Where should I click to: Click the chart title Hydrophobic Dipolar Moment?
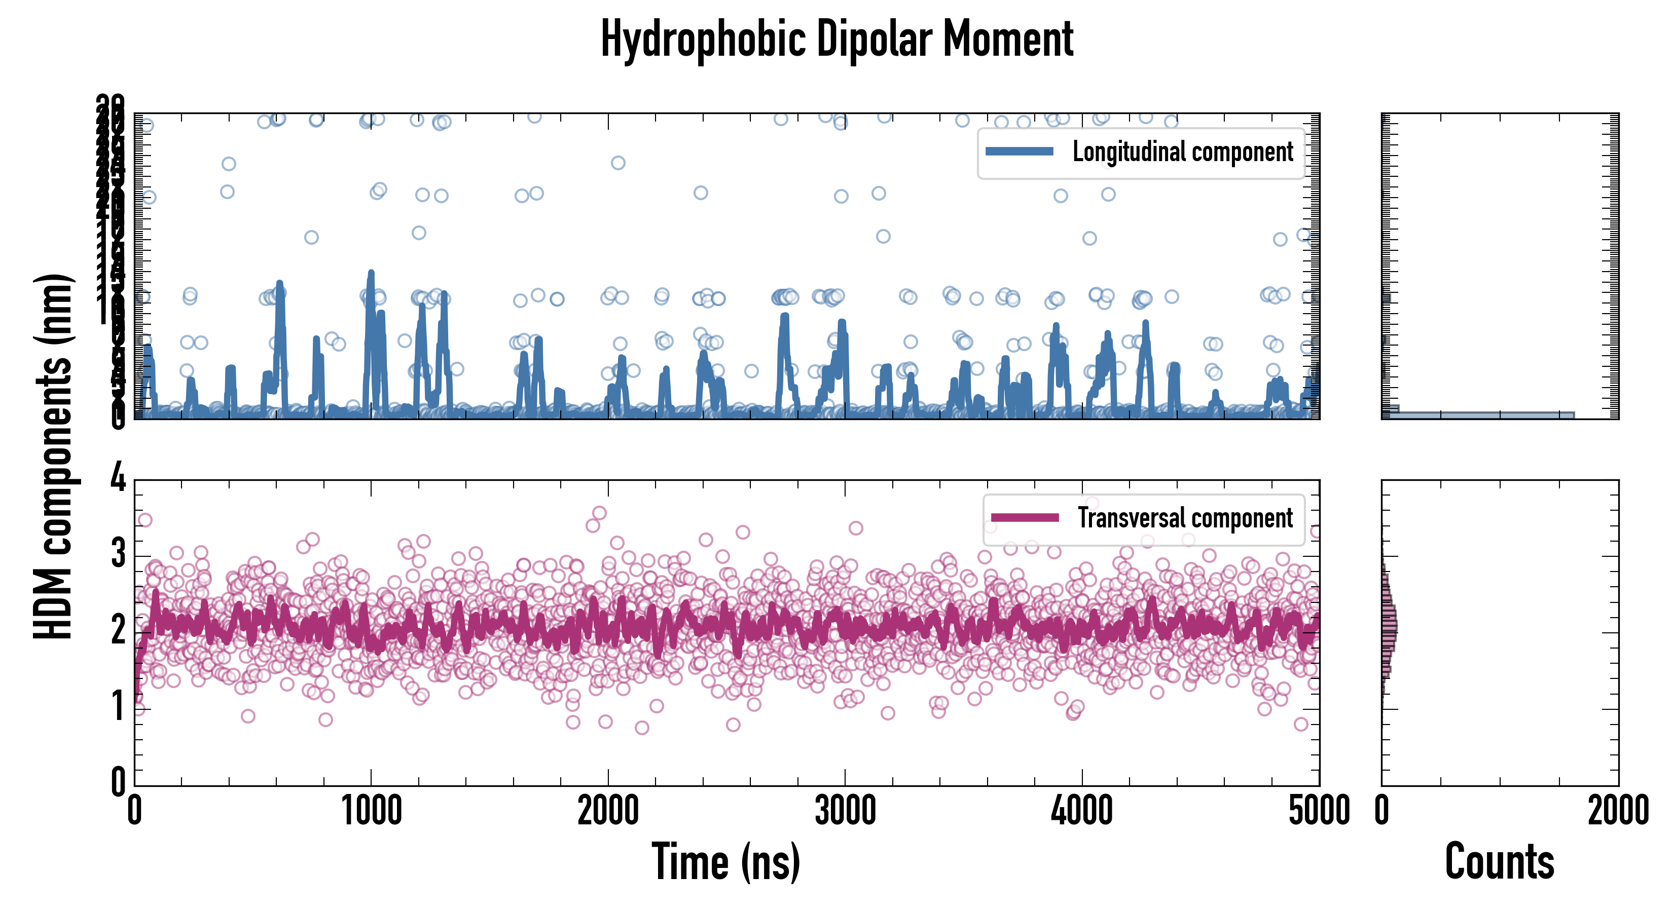pos(836,39)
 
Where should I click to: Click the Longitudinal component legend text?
pos(1182,152)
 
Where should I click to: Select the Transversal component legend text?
pos(1185,518)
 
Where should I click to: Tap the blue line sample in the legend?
pos(1019,151)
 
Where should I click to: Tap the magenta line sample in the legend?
pos(1024,517)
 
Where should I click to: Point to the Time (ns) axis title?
pos(725,862)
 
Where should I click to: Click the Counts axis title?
pos(1499,862)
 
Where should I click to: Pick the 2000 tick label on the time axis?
pos(608,811)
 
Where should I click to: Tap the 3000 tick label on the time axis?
pos(845,811)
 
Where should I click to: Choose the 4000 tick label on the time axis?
pos(1082,811)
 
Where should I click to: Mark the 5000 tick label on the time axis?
pos(1319,811)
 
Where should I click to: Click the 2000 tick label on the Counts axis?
pos(1618,811)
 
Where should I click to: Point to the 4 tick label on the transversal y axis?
pos(118,479)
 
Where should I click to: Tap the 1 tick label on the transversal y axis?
pos(118,706)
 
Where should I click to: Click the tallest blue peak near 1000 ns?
pos(371,274)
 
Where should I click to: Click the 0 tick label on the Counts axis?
pos(1382,811)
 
